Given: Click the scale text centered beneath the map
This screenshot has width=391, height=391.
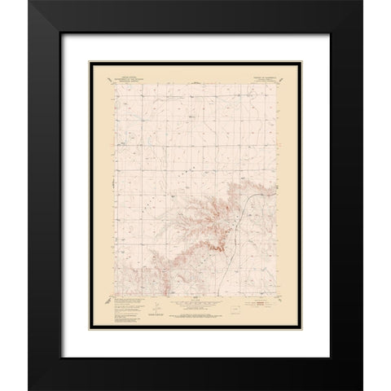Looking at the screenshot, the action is coord(195,310).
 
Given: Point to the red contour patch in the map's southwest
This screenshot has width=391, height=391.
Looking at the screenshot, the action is coord(162,277).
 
